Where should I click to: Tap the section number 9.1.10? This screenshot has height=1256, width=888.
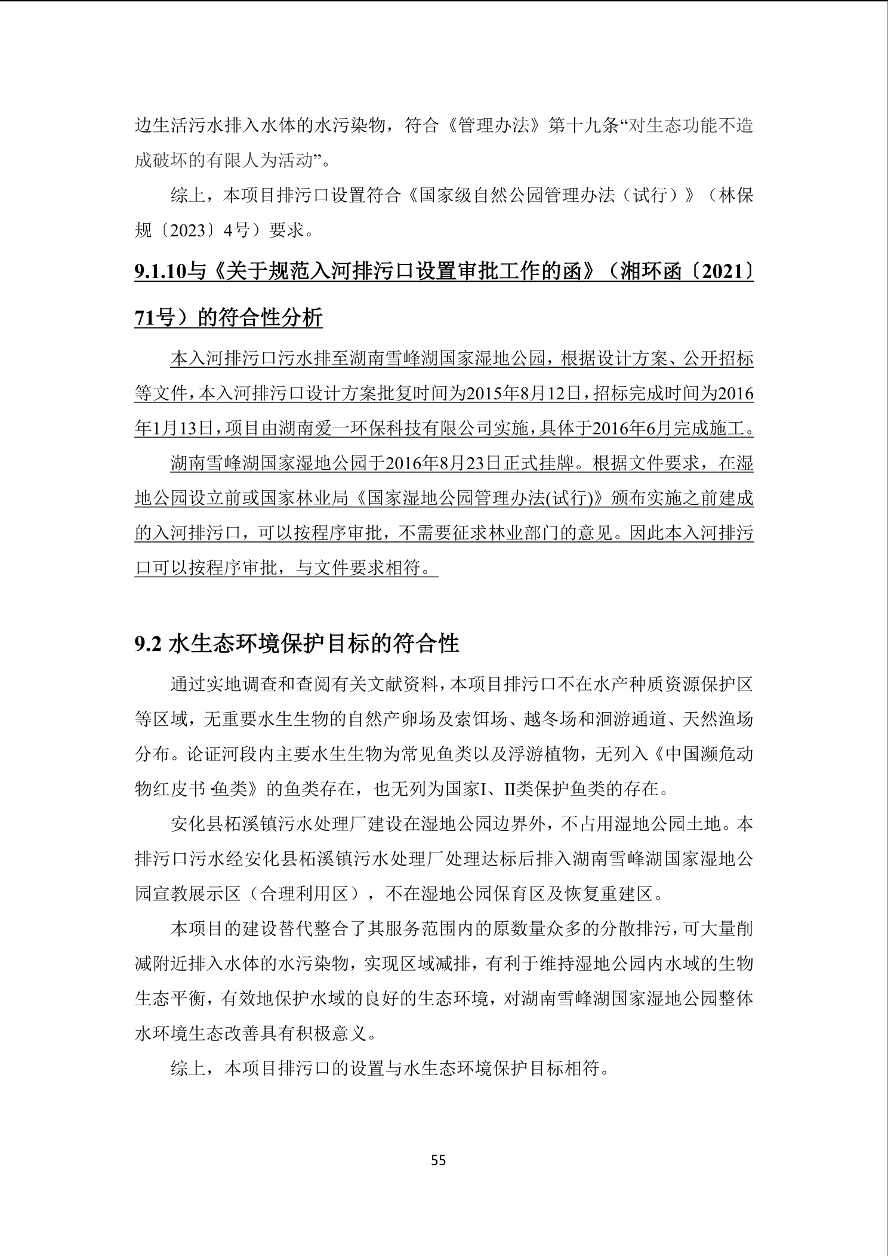click(161, 272)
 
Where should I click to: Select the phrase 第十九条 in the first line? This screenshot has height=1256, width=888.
click(583, 127)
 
